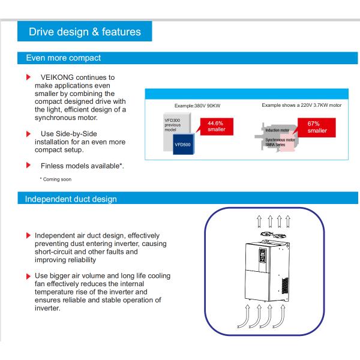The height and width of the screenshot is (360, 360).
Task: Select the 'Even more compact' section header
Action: pyautogui.click(x=63, y=58)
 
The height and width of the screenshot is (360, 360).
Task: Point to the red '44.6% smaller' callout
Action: pyautogui.click(x=215, y=126)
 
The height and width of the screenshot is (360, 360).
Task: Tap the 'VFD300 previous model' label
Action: pyautogui.click(x=173, y=125)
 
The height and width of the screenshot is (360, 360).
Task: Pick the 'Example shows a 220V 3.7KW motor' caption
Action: pyautogui.click(x=301, y=104)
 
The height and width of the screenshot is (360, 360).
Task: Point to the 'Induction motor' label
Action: pyautogui.click(x=278, y=129)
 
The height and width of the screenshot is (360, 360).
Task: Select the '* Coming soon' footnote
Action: pyautogui.click(x=57, y=179)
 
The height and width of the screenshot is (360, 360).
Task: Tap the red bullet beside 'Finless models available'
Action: pyautogui.click(x=28, y=165)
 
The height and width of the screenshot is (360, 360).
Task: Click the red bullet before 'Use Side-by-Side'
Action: pyautogui.click(x=28, y=133)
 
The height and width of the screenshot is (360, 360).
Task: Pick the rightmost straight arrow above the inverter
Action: pyautogui.click(x=288, y=221)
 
